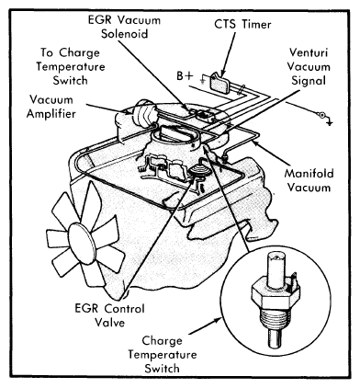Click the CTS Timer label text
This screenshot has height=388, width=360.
pos(242,24)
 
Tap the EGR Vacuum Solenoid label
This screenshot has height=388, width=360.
pos(124,27)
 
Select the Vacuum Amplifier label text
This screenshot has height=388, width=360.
pos(51,107)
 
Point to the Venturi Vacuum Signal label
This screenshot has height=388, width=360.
pos(309,66)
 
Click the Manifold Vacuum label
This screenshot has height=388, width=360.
pos(309,180)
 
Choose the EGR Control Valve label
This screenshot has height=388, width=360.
pos(109,315)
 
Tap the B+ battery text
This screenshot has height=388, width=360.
pos(185,75)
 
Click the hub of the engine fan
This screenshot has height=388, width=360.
pos(81,244)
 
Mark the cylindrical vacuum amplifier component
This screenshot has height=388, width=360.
pos(145,113)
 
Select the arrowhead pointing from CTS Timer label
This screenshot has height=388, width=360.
pos(223,74)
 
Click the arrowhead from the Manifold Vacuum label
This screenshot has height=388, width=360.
pos(254,142)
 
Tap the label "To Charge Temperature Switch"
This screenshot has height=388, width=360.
pos(71,66)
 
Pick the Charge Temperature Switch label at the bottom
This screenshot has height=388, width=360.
pos(163,354)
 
